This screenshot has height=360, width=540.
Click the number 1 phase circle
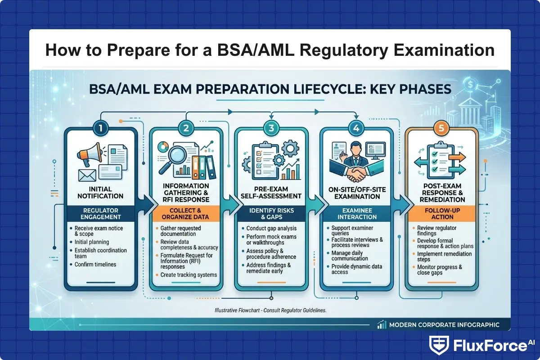(100, 128)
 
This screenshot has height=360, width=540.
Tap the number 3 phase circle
(271, 128)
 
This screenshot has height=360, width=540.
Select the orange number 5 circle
(441, 128)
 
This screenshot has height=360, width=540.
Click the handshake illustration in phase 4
(356, 171)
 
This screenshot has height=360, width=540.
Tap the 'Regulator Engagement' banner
(100, 213)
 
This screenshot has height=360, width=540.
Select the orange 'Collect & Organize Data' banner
(185, 213)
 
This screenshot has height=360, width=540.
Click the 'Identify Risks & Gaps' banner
(271, 213)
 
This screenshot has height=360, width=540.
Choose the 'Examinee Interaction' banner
(356, 213)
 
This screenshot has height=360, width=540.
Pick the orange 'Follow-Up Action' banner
(441, 213)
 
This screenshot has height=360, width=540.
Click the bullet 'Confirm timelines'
(95, 265)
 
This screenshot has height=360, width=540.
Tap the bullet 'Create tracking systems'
(189, 275)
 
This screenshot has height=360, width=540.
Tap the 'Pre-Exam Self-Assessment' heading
(271, 193)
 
